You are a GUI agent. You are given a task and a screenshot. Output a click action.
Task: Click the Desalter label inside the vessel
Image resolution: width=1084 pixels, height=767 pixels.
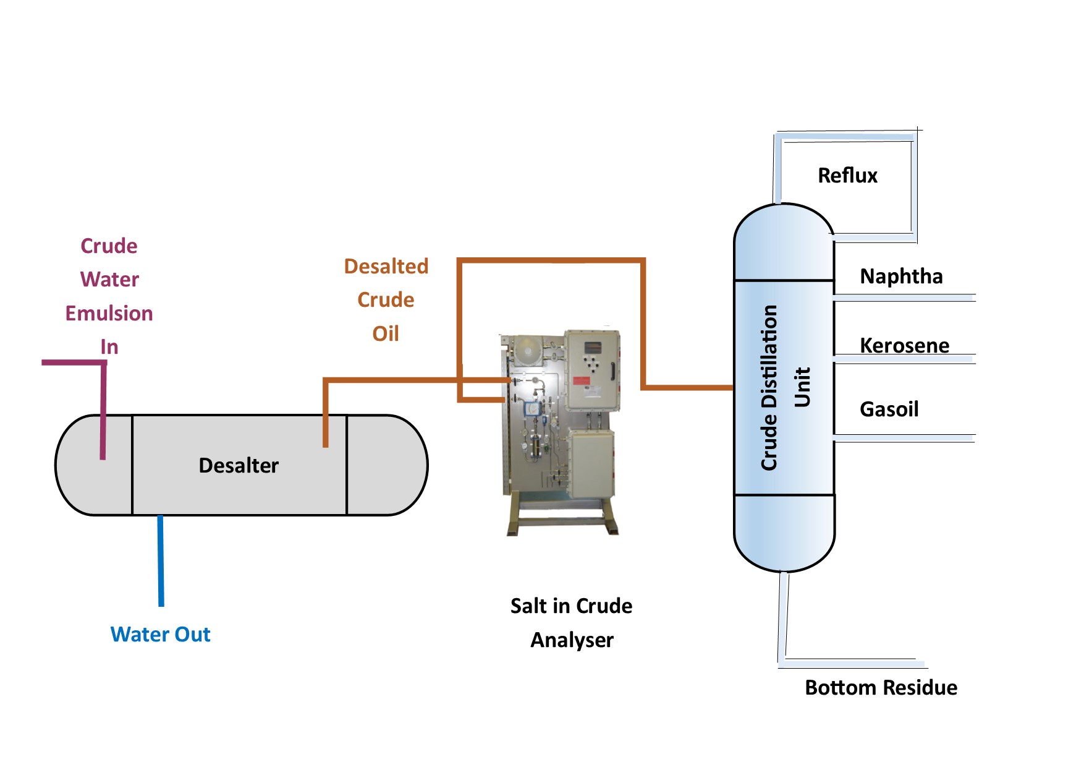239,465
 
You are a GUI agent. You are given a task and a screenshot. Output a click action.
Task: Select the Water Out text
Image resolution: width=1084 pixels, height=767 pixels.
160,634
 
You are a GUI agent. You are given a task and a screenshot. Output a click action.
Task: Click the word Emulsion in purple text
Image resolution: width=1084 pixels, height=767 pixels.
109,313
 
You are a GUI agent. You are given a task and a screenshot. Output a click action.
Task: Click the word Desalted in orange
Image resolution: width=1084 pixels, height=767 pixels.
386,266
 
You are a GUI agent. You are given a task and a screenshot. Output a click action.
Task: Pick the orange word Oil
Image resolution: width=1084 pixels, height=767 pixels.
385,333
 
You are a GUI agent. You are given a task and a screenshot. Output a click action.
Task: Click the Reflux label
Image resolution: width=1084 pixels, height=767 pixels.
847,175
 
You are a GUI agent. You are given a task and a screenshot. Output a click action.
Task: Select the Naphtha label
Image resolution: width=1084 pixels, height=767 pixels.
901,276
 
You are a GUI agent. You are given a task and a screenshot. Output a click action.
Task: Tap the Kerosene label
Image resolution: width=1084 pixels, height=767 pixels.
904,345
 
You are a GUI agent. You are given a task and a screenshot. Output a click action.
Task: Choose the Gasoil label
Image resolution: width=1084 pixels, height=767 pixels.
889,409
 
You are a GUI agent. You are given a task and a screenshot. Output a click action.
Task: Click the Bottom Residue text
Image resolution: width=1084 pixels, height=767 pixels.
881,687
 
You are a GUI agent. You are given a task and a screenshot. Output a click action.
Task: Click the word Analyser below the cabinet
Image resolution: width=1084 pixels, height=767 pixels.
572,640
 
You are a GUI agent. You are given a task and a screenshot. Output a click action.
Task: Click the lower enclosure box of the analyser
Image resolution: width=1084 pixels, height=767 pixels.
591,464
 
